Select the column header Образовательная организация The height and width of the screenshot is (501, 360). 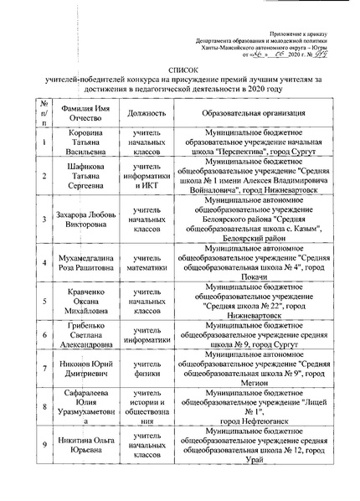245,112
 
